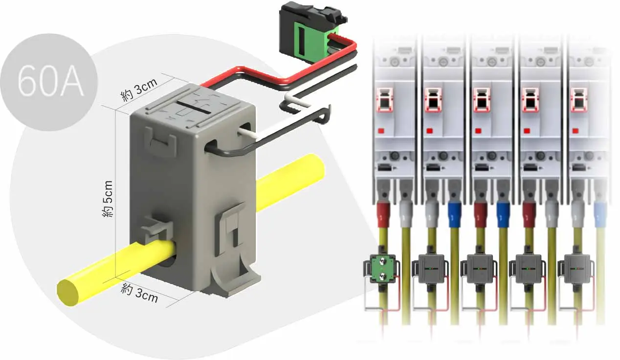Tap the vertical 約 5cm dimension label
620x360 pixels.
tap(108, 199)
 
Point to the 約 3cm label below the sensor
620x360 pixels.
tap(139, 293)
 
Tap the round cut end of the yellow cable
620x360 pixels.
tap(68, 292)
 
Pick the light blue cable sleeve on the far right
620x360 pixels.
tap(599, 215)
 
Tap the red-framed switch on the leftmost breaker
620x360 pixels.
tap(385, 100)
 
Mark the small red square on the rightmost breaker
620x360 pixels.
tap(576, 131)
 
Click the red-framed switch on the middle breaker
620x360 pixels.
tap(482, 100)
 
